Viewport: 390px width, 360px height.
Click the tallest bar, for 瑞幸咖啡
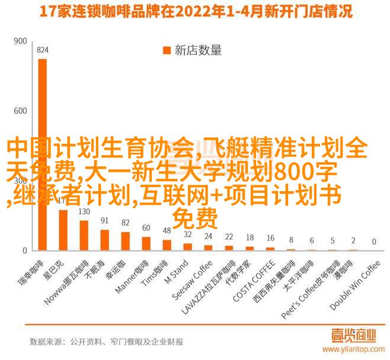click(42, 154)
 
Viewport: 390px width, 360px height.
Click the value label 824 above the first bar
click(42, 50)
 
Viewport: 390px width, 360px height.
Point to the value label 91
click(104, 221)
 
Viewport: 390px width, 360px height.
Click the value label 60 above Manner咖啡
click(146, 227)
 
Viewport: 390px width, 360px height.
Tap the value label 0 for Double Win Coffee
click(374, 242)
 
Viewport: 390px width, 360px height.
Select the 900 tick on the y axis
click(20, 41)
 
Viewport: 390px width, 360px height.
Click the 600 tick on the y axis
click(20, 111)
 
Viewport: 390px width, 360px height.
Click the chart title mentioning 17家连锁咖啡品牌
click(195, 11)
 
